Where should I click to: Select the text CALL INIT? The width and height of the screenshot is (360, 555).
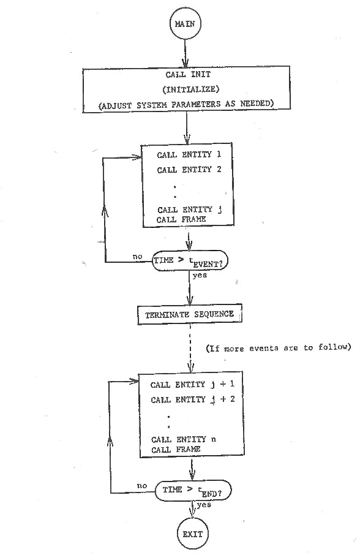(x=188, y=74)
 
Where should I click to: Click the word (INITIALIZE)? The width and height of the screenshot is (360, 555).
(x=190, y=89)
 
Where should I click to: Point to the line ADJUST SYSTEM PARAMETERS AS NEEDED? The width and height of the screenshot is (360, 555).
(x=186, y=105)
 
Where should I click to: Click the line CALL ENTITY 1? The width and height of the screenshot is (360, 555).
(x=189, y=155)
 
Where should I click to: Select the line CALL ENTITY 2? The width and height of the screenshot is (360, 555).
(x=189, y=170)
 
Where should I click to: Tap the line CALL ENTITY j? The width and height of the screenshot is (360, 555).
(x=190, y=210)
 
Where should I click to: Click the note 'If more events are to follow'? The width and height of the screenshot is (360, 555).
(x=279, y=347)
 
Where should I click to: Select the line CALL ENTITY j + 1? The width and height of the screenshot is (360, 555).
(x=192, y=384)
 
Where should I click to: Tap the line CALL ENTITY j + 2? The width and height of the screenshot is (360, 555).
(x=193, y=399)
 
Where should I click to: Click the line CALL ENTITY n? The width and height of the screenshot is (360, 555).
(x=184, y=440)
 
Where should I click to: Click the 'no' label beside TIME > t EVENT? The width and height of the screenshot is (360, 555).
(x=137, y=257)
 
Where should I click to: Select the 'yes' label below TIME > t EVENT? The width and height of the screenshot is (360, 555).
(x=200, y=275)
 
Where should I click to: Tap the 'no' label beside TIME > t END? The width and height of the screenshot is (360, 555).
(x=142, y=486)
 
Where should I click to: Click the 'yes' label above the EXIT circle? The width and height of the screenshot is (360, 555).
(x=204, y=505)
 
